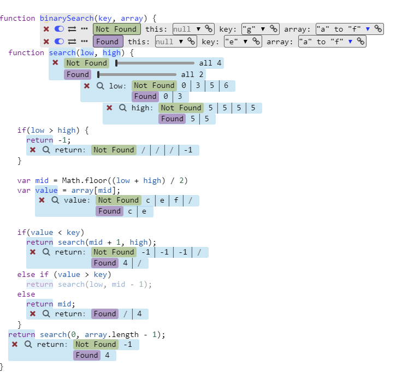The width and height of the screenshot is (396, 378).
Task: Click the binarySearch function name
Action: [66, 18]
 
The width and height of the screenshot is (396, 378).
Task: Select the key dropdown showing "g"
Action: [254, 29]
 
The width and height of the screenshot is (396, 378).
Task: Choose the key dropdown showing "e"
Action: [237, 41]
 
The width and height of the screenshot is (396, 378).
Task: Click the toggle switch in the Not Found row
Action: [60, 29]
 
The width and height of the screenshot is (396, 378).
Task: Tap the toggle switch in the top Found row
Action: [60, 41]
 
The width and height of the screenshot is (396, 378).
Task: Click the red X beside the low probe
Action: [87, 86]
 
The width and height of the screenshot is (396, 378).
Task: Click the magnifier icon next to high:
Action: [122, 108]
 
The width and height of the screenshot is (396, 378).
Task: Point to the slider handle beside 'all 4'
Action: [116, 63]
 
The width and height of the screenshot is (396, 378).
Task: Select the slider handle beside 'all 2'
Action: [98, 74]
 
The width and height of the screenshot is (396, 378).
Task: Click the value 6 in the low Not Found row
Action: [226, 86]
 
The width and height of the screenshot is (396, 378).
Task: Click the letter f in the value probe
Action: [176, 200]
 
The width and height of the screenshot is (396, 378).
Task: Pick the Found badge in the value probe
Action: [109, 211]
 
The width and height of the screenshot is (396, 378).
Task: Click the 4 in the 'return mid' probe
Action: [139, 314]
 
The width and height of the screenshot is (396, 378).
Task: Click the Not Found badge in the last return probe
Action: [96, 345]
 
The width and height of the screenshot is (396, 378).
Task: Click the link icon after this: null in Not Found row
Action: [209, 29]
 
